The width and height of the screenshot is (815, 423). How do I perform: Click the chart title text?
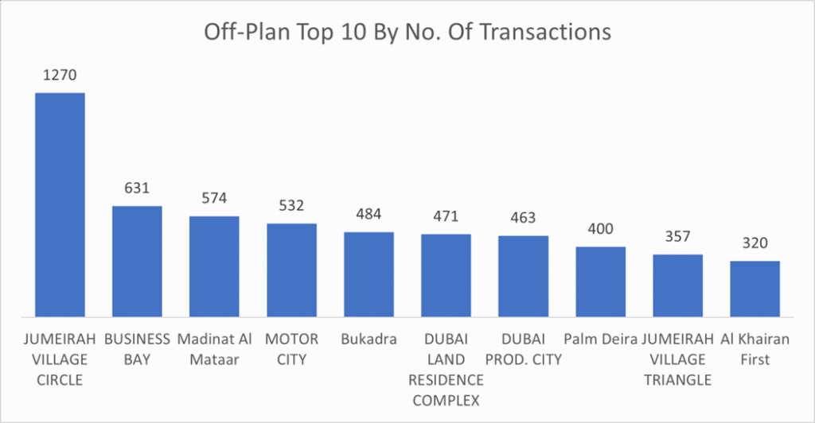click(407, 32)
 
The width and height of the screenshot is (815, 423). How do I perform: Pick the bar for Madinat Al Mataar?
click(214, 266)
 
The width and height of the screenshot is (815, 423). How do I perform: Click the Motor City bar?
click(291, 270)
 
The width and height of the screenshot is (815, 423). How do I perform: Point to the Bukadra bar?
click(369, 274)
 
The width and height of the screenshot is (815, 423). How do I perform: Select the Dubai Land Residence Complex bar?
click(446, 276)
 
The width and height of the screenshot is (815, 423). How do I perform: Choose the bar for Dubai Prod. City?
click(523, 277)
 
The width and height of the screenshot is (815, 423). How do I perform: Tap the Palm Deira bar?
click(600, 282)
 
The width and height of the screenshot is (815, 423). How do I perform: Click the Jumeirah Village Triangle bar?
click(678, 285)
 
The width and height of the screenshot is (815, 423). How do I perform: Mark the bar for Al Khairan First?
click(755, 289)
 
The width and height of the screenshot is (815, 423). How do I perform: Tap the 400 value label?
click(600, 229)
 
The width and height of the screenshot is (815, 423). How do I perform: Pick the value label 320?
click(755, 243)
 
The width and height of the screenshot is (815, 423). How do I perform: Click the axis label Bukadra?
click(369, 340)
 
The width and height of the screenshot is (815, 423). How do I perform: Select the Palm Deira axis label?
click(600, 340)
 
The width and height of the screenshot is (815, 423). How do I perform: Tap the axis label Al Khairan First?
click(755, 349)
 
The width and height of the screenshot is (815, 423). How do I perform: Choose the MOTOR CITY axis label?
click(291, 349)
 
